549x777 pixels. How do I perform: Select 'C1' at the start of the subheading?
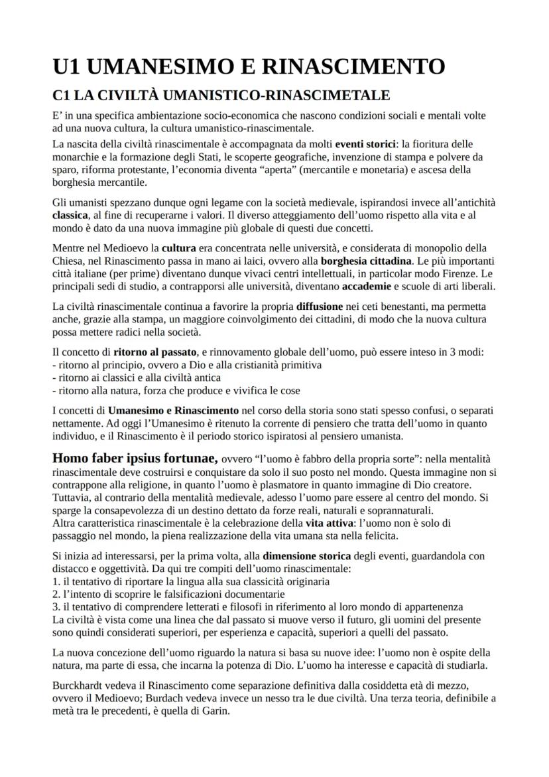click(63, 96)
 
